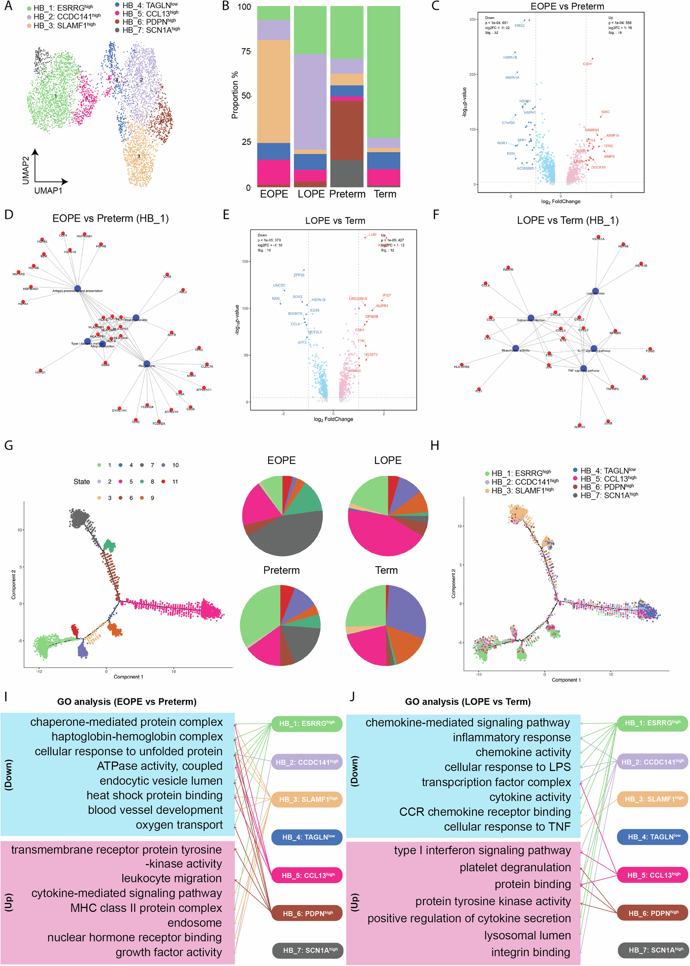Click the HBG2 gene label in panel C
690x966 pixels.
[x=519, y=25]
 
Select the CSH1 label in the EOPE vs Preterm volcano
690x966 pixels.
[x=587, y=64]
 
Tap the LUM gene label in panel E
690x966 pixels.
[x=372, y=234]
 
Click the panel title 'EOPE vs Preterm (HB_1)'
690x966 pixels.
[x=110, y=218]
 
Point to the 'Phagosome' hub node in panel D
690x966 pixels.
[x=146, y=363]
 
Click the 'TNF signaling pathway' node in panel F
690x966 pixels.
[x=583, y=369]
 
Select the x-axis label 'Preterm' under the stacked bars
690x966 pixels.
[x=347, y=194]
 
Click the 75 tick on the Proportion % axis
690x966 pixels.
[x=246, y=51]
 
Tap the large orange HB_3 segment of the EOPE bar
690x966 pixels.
[x=274, y=91]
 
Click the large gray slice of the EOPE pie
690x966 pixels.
[x=289, y=535]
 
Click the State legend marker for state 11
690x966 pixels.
[x=163, y=481]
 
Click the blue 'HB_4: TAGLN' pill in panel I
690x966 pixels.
[x=306, y=837]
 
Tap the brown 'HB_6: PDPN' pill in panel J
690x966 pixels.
[x=652, y=913]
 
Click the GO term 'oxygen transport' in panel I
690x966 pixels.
[x=179, y=825]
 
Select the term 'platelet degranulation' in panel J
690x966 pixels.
[x=515, y=867]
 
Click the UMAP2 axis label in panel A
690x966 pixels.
[x=26, y=170]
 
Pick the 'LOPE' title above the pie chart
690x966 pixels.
[x=387, y=460]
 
